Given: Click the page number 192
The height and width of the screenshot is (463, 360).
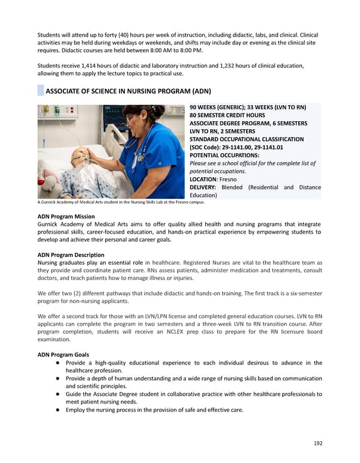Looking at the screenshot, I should click(x=317, y=443).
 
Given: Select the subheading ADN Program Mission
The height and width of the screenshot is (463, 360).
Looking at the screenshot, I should click(x=66, y=216).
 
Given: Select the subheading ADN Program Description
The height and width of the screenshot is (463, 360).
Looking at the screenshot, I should click(x=71, y=255).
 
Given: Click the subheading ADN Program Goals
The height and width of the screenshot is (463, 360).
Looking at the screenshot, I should click(x=63, y=354).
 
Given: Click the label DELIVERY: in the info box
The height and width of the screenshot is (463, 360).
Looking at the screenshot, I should click(x=203, y=187).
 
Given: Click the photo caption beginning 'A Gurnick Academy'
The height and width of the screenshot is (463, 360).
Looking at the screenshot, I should click(x=121, y=202).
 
